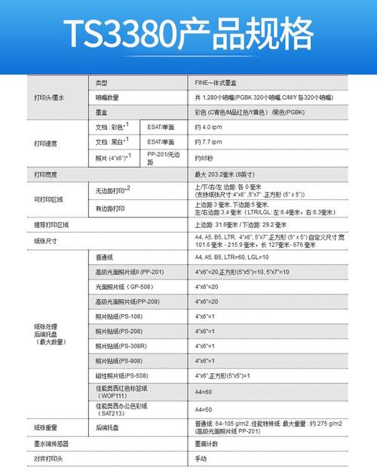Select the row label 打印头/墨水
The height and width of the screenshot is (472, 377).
pos(49,98)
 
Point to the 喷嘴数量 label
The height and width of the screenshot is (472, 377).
pos(108,98)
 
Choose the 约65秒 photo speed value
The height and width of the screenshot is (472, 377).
pos(204,159)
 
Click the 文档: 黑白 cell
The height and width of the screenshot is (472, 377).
pos(112,142)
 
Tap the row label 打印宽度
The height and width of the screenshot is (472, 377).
pos(46,175)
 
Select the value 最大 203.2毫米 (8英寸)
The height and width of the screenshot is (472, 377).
pos(227,175)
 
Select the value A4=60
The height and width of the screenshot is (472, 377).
pos(204,392)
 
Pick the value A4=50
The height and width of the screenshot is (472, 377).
pos(204,410)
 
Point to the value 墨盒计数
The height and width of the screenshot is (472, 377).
pos(207,443)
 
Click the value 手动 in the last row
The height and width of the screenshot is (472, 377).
pos(201,458)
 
